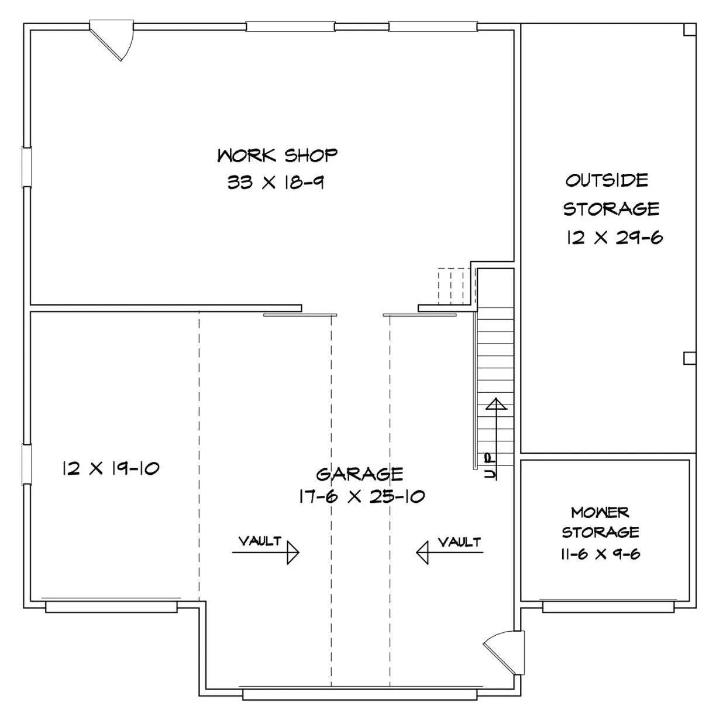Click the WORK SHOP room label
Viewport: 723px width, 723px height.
click(277, 156)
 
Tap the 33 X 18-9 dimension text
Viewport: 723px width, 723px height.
click(276, 183)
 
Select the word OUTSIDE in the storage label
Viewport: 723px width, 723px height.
click(607, 180)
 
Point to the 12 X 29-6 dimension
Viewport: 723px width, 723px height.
click(615, 237)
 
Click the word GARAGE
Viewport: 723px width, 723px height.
click(359, 474)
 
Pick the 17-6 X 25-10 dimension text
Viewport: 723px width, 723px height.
click(361, 496)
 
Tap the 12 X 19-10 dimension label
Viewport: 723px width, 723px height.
click(111, 468)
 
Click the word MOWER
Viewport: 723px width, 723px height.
click(600, 512)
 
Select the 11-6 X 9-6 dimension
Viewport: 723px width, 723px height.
click(600, 554)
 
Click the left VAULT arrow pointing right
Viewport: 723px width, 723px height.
click(266, 553)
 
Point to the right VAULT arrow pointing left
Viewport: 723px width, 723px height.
click(449, 553)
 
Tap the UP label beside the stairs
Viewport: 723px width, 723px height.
click(490, 466)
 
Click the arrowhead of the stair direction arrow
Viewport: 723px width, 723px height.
click(497, 404)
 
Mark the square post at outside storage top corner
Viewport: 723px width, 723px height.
click(690, 30)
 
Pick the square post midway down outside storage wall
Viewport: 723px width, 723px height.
click(690, 358)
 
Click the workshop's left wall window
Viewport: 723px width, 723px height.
click(27, 167)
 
